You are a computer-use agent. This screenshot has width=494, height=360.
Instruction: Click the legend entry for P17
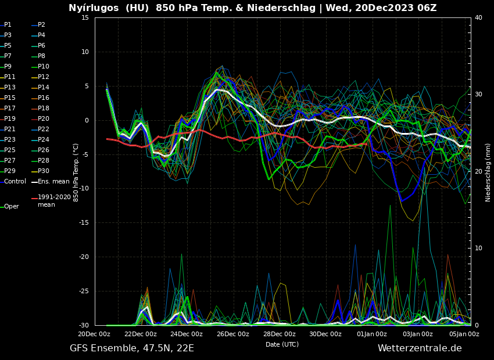coord(10,108)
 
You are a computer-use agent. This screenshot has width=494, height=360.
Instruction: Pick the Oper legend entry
coord(12,206)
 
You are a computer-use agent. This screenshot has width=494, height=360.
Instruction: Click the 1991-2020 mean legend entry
coord(54,201)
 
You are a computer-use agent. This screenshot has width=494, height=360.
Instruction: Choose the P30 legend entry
coord(44,171)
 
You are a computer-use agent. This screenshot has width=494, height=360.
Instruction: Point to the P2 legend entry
coord(41,25)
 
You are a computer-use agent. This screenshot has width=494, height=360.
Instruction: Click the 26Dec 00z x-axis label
coord(233,334)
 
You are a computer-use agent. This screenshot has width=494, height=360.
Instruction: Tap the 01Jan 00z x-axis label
coord(372,334)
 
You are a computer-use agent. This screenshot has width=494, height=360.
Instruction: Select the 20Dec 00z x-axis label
coord(94,334)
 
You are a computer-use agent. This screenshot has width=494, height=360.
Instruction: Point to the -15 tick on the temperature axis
coord(84,222)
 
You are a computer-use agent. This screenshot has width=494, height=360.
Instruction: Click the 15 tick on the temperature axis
coord(85,17)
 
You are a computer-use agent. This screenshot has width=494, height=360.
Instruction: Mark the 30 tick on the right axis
coord(478,94)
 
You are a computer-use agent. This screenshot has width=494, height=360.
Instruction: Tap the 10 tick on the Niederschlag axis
coord(478,248)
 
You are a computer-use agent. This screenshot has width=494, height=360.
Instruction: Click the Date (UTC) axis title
coord(282,344)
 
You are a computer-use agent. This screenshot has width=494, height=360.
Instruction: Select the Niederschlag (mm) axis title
coord(488,172)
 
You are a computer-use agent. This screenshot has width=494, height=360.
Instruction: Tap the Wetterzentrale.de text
coord(420,348)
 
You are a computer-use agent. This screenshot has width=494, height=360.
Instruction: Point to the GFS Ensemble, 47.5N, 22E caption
coord(132,348)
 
